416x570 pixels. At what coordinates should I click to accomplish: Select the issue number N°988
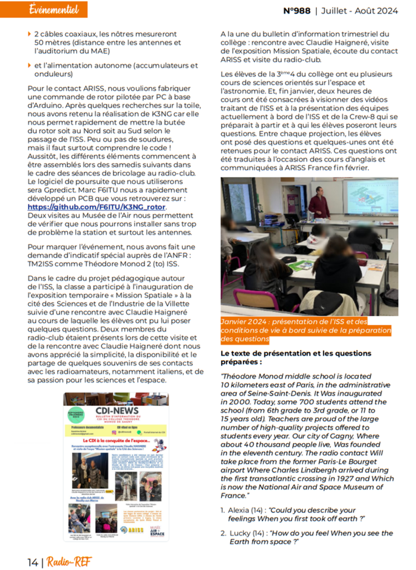click(297, 10)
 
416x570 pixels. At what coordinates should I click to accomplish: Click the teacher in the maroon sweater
click(319, 203)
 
